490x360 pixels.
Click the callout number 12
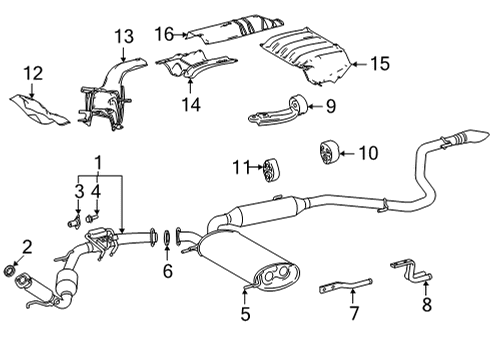(x=34, y=74)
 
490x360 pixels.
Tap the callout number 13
(x=122, y=37)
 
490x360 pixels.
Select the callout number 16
(x=165, y=35)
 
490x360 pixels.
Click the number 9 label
(x=328, y=105)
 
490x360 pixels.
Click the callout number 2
(x=27, y=246)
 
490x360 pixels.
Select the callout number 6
(x=168, y=271)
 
